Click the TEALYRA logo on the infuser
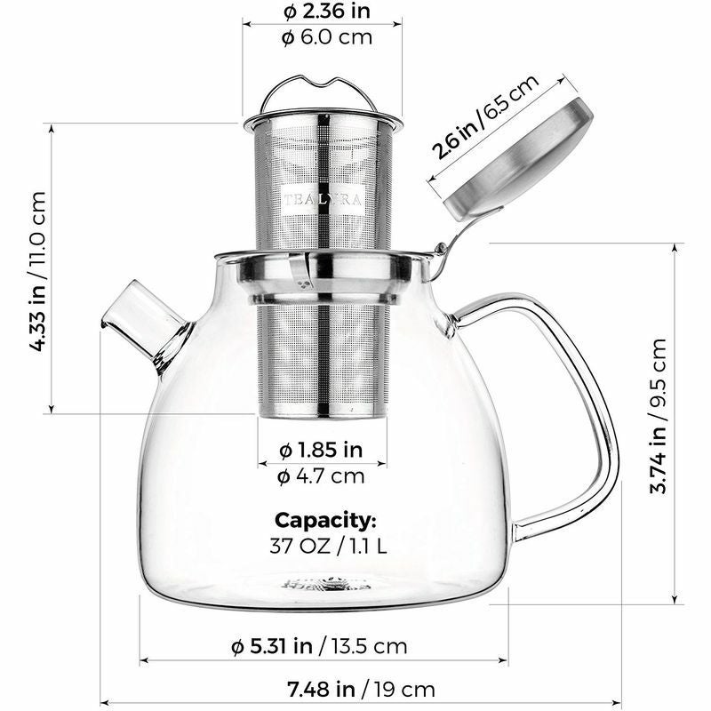(322, 200)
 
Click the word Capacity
(325, 520)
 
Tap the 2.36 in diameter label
(325, 12)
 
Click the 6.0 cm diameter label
(325, 37)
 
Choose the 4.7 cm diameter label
(322, 475)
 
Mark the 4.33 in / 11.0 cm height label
(37, 269)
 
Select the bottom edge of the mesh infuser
(323, 413)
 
